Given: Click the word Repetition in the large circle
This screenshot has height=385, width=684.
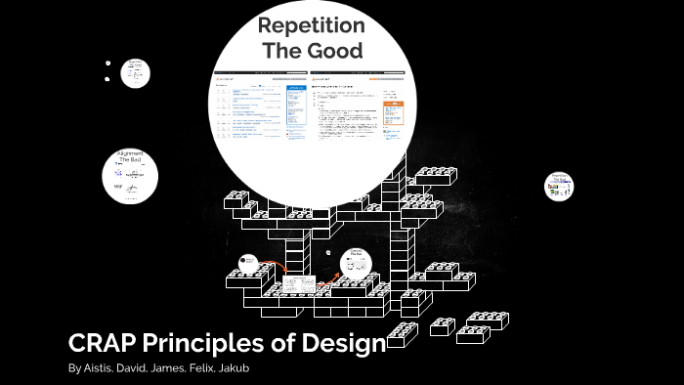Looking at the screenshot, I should point(311,26).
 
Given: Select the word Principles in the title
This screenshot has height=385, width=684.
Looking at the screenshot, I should point(205,344).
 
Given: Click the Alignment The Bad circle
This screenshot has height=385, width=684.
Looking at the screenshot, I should point(131,176).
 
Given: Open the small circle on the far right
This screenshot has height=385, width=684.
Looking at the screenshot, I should point(559,187).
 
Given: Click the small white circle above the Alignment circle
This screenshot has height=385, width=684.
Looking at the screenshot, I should point(135,72).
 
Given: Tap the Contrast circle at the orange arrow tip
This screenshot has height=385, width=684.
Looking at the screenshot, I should point(356,261).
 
